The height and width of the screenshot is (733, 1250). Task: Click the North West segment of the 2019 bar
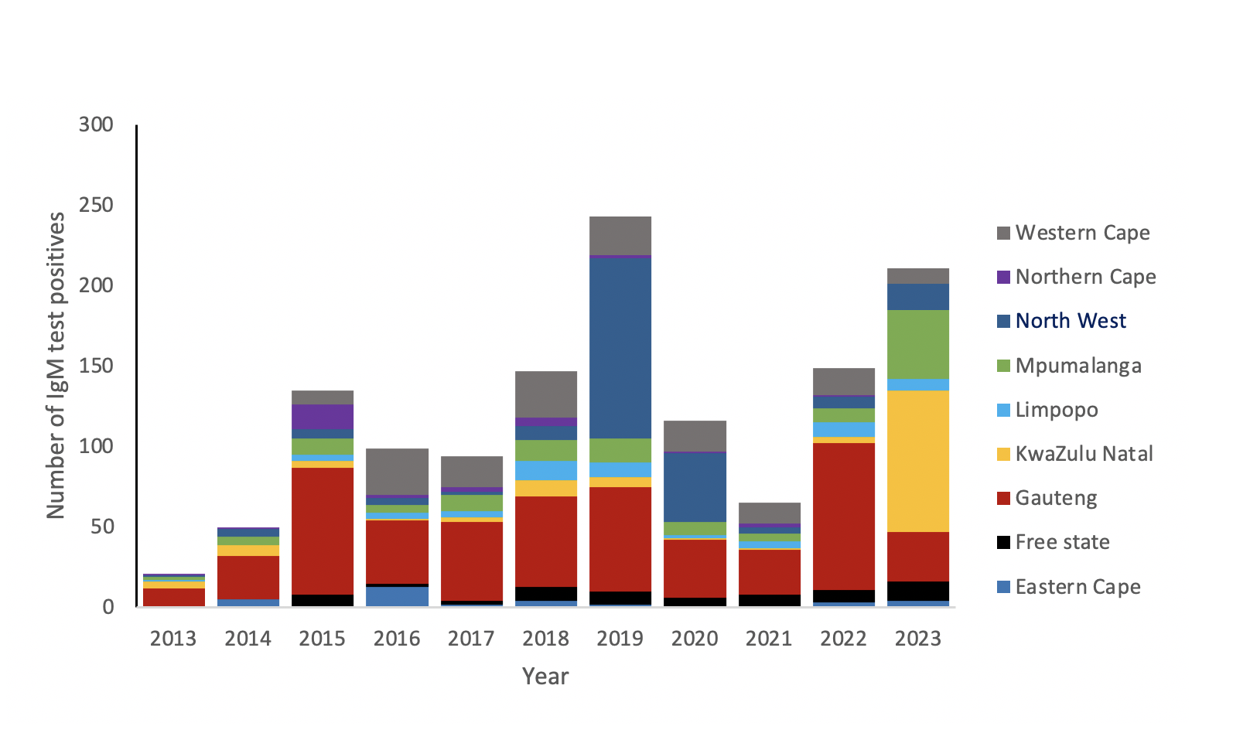coord(620,348)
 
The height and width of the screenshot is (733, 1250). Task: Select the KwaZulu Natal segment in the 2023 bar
coord(918,462)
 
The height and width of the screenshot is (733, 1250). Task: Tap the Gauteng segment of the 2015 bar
coord(323,531)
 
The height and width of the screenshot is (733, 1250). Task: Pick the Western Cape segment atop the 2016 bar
coord(398,472)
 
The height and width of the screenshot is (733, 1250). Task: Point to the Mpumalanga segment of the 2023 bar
coord(918,345)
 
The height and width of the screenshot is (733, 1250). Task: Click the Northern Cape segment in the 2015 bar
coord(323,417)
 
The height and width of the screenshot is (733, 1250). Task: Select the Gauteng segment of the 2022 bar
coord(844,517)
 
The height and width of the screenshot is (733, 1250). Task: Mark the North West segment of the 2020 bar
coord(695,488)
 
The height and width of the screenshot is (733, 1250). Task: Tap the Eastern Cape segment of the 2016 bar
coord(398,596)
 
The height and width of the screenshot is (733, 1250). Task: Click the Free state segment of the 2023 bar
coord(918,592)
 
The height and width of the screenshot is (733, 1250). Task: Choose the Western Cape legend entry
coord(1074,233)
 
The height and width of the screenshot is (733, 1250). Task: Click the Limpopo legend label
coord(1057,410)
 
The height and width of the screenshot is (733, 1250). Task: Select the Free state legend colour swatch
coord(1003,542)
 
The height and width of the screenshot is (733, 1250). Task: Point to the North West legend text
coord(1071,321)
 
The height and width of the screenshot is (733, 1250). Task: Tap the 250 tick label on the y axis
coord(96,205)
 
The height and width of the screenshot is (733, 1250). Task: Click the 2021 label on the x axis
coord(769,639)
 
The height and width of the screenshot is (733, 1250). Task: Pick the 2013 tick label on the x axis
coord(173,639)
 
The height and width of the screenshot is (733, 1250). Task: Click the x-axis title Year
coord(545,677)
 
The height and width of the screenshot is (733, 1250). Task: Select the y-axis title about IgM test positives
coord(56,366)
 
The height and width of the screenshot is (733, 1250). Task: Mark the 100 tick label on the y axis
coord(96,446)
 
